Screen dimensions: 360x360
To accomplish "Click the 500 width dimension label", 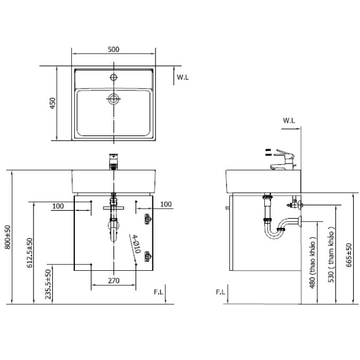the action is (114, 49).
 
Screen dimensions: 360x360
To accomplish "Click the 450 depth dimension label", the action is (53, 104).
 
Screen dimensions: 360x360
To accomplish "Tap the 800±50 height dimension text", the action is (7, 237).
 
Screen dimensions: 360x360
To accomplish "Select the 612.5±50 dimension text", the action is (30, 253).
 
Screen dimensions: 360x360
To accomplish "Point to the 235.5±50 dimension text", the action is (48, 284).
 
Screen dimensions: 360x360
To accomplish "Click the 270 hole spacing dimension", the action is (114, 280).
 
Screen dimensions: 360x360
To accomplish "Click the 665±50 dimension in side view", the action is (349, 255).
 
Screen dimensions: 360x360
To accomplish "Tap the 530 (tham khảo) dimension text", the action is (331, 254).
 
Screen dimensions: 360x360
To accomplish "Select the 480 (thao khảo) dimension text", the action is (312, 262).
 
